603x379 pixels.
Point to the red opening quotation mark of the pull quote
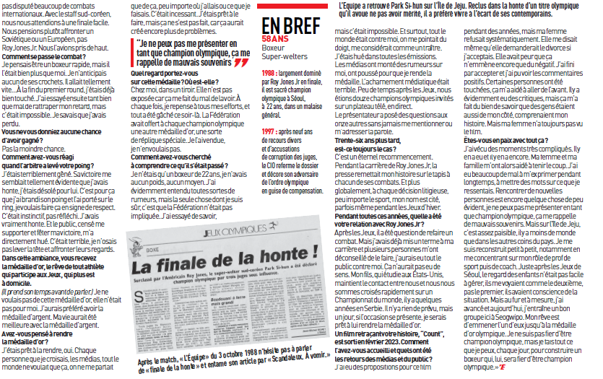click(x=135, y=43)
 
